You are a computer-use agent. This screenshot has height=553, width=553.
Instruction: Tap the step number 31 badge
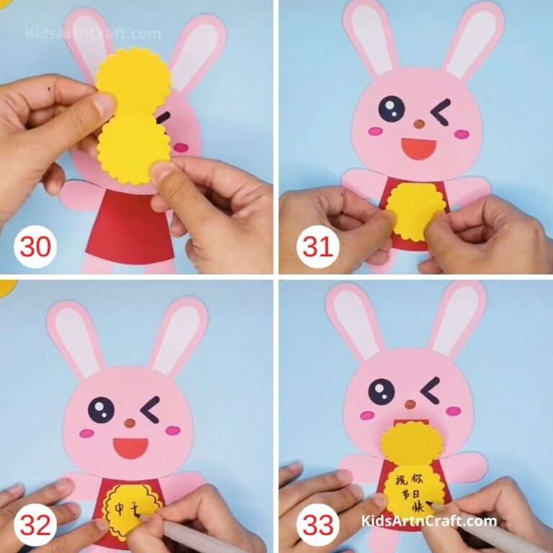(x=318, y=247)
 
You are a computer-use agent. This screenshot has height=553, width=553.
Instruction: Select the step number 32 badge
(x=35, y=526)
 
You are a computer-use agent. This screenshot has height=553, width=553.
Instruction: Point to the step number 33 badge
(x=318, y=526)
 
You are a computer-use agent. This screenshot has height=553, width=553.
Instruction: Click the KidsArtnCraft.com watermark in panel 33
(x=428, y=521)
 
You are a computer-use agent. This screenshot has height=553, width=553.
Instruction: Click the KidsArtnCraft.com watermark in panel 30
(x=94, y=34)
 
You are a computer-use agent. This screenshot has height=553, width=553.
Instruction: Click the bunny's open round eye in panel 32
(x=102, y=410)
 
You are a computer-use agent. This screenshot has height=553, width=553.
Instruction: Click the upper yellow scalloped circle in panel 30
(x=133, y=81)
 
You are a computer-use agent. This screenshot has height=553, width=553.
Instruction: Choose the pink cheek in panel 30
(x=181, y=147)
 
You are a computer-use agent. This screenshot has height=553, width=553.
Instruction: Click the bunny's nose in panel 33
(x=410, y=404)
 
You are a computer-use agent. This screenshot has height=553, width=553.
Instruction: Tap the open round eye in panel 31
(x=391, y=109)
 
